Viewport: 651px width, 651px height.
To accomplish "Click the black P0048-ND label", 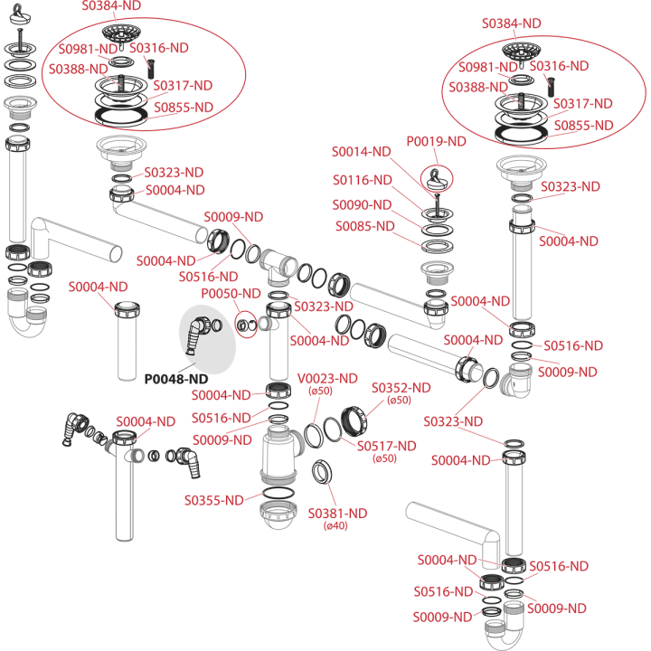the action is [x=176, y=379].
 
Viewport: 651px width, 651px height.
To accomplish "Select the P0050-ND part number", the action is [x=231, y=294].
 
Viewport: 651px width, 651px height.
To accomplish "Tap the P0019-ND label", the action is [x=437, y=142].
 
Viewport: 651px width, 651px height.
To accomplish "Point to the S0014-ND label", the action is [x=361, y=152].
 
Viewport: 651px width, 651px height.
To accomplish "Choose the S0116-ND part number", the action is [x=363, y=180].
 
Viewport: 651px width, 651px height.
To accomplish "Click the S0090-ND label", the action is [x=362, y=205].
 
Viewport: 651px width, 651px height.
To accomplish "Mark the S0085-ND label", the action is [x=365, y=226].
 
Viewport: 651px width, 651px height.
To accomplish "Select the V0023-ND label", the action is [x=327, y=379].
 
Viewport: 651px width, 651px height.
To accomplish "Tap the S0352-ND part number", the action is [x=401, y=388].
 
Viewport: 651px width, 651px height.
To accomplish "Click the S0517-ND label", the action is [x=387, y=446].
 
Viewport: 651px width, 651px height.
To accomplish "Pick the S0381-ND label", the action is [x=337, y=514].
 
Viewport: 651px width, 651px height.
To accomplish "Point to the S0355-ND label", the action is [x=213, y=500].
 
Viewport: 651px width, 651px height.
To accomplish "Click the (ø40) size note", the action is [x=335, y=526].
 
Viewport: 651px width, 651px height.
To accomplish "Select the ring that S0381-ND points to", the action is [x=321, y=472].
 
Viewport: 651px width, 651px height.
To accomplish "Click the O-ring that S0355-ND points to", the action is [x=278, y=494].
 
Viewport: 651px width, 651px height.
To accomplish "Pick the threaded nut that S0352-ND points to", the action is [x=354, y=421].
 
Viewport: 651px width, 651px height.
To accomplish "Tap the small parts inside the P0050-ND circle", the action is [x=246, y=325].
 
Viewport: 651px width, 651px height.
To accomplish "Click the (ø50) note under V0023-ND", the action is [x=320, y=392].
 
